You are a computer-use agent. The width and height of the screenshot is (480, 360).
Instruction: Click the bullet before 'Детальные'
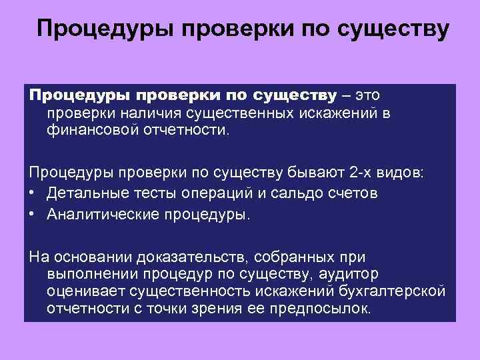pyautogui.click(x=33, y=193)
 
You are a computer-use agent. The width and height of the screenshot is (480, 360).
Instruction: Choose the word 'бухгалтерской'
pyautogui.click(x=398, y=291)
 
